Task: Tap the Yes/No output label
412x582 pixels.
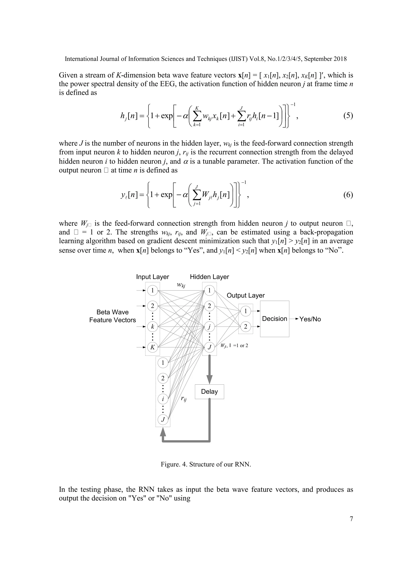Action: (310, 319)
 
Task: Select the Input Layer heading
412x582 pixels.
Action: (152, 277)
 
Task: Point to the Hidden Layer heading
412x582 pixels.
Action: (209, 277)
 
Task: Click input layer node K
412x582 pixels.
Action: (152, 347)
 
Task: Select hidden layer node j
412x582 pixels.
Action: (209, 327)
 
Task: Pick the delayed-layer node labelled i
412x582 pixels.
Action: (163, 399)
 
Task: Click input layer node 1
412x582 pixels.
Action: (152, 290)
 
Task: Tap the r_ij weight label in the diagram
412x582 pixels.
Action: (184, 399)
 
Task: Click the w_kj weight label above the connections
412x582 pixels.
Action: (181, 285)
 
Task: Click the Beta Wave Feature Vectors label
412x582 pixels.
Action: (113, 316)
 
